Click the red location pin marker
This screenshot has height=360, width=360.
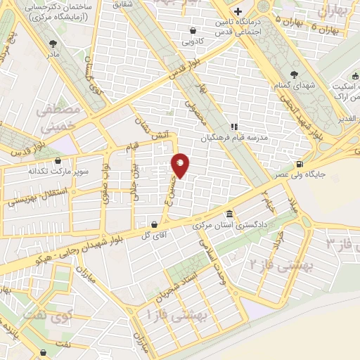point(181,165)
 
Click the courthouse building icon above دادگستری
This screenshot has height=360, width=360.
point(229,214)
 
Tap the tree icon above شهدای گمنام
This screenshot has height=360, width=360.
point(294,74)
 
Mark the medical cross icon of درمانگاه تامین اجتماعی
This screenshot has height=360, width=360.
point(238,12)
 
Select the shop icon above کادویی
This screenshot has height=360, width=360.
point(193,30)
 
